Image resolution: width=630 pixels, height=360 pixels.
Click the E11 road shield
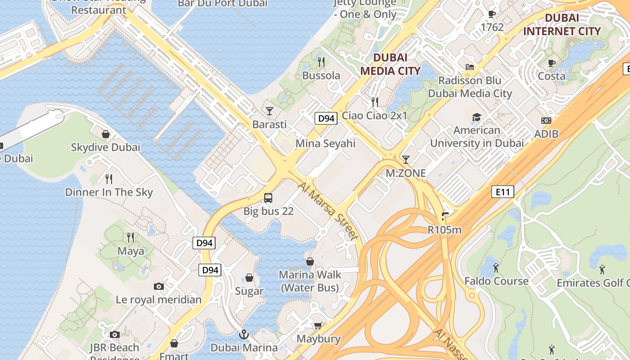[502, 192]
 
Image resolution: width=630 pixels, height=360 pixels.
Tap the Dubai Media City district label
[390, 64]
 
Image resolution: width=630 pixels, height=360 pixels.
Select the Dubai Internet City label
[562, 25]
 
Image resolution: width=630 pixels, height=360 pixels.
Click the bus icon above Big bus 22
[268, 198]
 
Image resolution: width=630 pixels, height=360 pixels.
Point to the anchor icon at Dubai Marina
[243, 334]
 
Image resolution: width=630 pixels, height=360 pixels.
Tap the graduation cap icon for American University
[477, 117]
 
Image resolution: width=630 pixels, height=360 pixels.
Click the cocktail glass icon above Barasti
[270, 111]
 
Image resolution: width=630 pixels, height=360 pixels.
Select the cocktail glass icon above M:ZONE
[406, 159]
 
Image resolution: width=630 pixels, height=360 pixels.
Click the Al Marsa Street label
[328, 211]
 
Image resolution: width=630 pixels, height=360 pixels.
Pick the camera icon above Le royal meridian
[158, 286]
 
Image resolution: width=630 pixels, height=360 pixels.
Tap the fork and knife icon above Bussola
[321, 62]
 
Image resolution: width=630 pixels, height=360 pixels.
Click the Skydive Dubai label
[106, 147]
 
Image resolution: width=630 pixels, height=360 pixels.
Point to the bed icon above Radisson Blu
[470, 67]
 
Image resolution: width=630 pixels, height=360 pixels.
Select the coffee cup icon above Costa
[552, 63]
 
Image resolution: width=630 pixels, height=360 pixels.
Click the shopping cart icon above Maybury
[318, 325]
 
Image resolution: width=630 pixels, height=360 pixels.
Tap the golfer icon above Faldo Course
[496, 268]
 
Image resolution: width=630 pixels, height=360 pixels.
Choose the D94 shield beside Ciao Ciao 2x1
[326, 118]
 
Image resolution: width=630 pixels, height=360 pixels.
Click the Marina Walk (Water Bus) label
[310, 281]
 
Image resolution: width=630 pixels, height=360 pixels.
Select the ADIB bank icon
[546, 121]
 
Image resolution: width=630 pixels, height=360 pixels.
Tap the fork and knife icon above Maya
[130, 237]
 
